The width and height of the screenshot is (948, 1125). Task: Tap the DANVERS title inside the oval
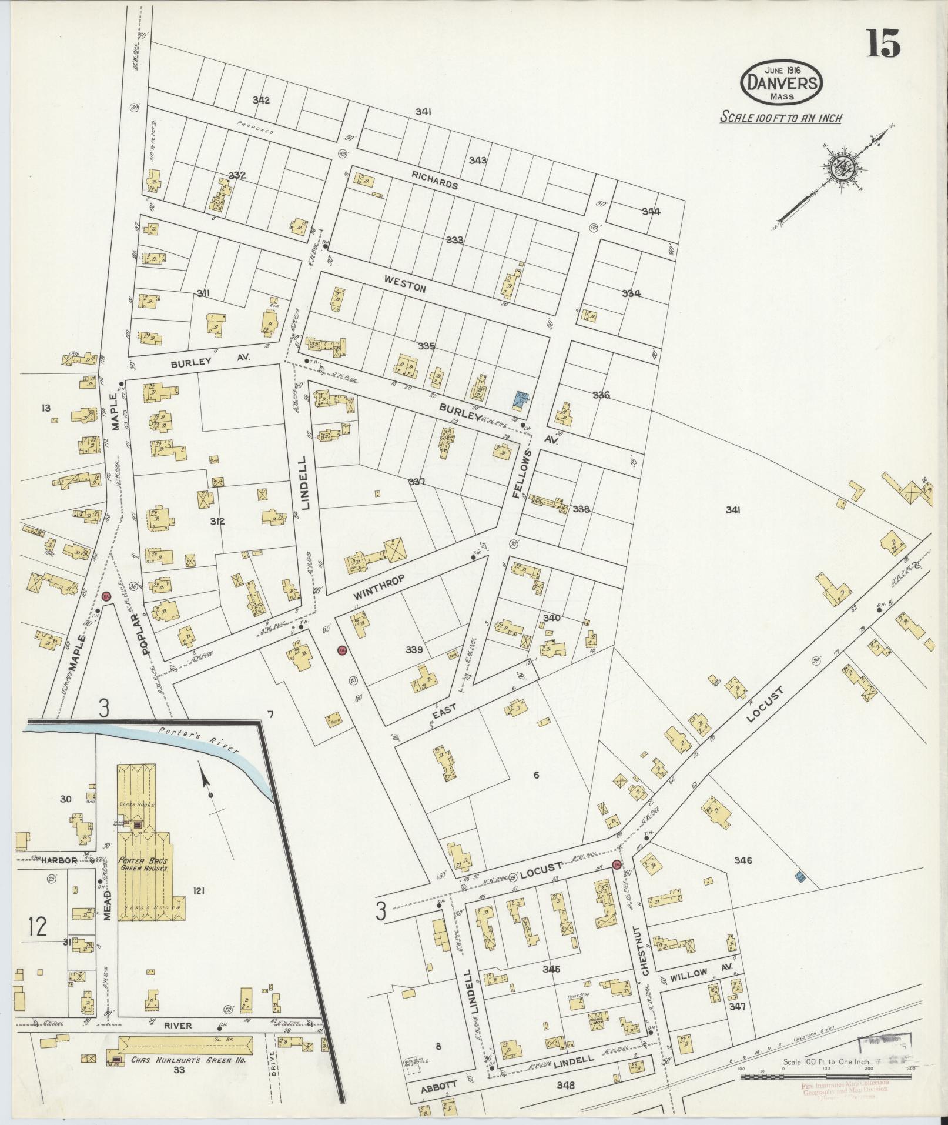(781, 82)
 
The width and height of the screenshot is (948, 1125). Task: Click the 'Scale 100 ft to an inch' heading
(780, 118)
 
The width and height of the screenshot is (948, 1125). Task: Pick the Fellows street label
(522, 474)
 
